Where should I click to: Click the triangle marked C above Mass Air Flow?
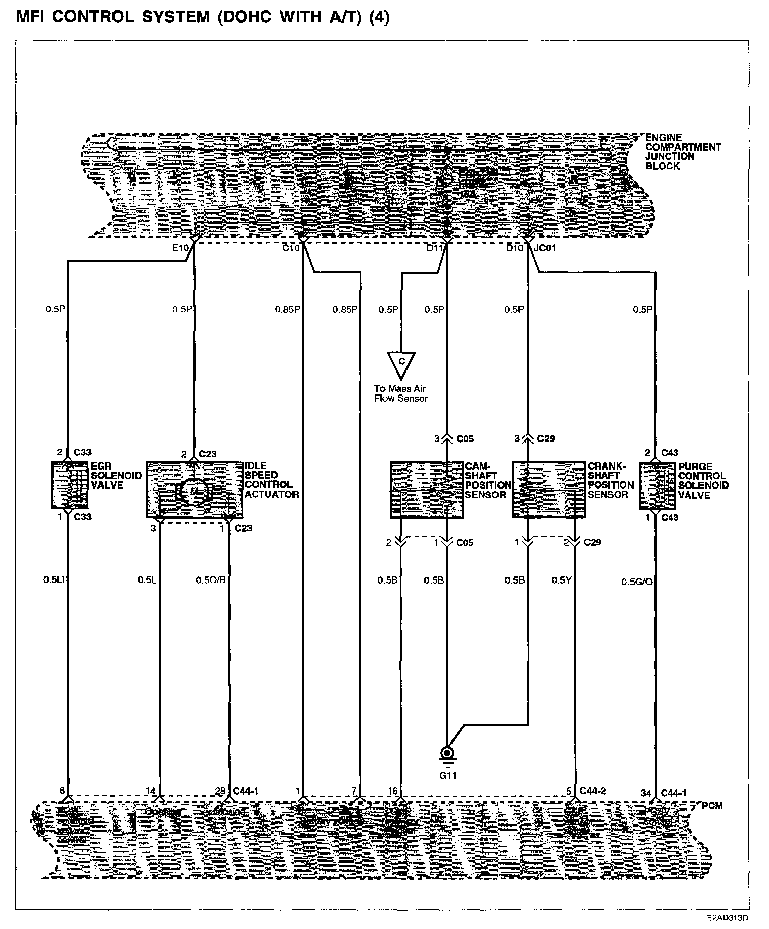coord(401,362)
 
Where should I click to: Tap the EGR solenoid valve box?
coord(70,485)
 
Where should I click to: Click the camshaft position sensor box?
coord(427,490)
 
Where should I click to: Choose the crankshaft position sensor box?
coord(549,490)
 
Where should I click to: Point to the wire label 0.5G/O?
coord(637,582)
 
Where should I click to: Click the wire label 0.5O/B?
coord(211,580)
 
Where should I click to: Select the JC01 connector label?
coord(544,248)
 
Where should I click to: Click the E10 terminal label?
coord(181,248)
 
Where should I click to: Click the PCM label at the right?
coord(712,806)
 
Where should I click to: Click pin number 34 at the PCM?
coord(646,793)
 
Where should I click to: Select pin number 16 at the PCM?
coord(392,792)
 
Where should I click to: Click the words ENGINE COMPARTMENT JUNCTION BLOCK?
coord(683,152)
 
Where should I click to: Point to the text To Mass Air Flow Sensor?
coord(401,393)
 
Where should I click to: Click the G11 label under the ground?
coord(447,775)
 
